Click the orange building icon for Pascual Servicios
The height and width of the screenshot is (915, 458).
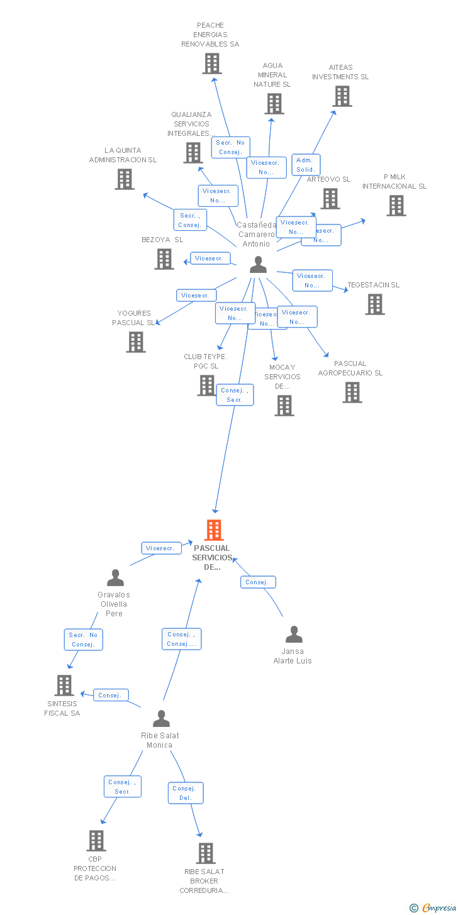(214, 530)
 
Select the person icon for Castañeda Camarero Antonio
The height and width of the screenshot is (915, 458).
(258, 265)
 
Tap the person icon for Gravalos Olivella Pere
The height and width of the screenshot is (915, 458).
(115, 577)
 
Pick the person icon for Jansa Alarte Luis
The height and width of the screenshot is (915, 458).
(294, 635)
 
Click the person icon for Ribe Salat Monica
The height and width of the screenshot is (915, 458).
(162, 718)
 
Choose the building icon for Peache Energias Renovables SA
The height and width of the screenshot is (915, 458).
(212, 64)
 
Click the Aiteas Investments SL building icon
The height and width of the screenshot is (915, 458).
(342, 96)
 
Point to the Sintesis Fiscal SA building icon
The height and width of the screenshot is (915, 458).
(64, 685)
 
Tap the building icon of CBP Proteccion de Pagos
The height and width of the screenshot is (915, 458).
(96, 840)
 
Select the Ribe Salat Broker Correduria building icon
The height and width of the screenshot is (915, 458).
(205, 853)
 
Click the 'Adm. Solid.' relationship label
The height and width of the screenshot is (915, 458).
(306, 165)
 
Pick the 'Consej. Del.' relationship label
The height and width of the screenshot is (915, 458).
(185, 793)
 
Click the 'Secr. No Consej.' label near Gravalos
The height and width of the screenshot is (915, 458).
(83, 640)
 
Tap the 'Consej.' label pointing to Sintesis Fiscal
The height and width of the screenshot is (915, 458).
(111, 695)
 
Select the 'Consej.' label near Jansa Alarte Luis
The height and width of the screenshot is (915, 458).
(257, 582)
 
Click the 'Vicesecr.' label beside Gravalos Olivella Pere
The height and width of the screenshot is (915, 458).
(160, 548)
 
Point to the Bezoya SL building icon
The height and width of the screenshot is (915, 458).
(164, 258)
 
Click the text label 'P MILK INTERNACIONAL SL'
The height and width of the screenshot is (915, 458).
(394, 182)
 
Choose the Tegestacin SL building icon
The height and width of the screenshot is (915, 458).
(375, 304)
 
